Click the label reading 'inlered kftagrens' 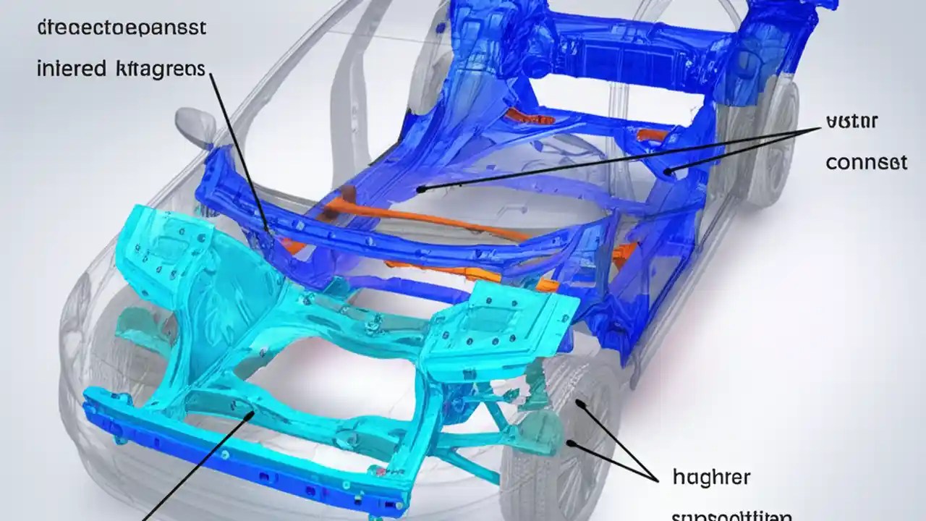[121, 69]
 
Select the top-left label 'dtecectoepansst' [121, 28]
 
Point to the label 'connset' [866, 162]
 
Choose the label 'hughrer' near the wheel [711, 478]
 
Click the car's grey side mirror [195, 124]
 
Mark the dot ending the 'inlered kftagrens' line [268, 233]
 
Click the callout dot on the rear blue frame [669, 171]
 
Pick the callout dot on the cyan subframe [251, 415]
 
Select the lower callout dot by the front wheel [571, 443]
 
